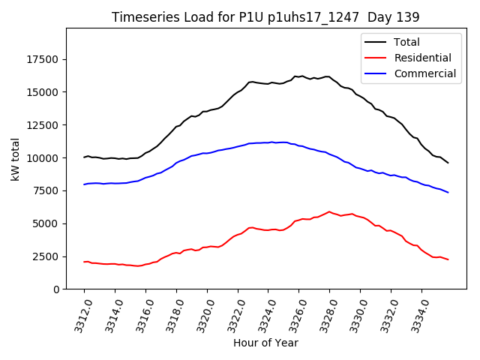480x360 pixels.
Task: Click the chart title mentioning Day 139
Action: [265, 16]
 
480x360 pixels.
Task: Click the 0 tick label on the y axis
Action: [55, 289]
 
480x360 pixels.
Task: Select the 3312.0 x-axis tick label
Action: [78, 313]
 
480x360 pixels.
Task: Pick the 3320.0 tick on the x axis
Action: [201, 313]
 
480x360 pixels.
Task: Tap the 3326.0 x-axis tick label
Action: [293, 313]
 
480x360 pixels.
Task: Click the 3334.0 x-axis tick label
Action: [416, 313]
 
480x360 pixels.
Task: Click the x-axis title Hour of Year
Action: [265, 343]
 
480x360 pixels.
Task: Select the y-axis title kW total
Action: [15, 158]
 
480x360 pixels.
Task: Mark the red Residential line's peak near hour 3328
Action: [329, 211]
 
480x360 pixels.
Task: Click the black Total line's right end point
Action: [448, 163]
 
